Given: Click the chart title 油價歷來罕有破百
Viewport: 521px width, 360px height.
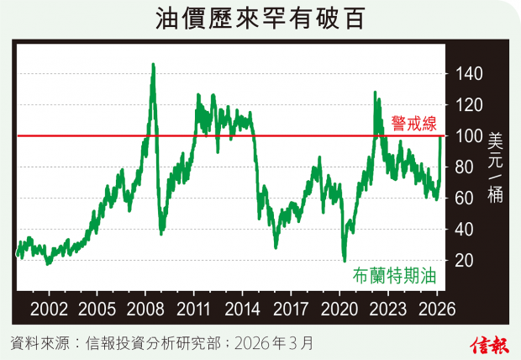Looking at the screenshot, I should click(x=260, y=18).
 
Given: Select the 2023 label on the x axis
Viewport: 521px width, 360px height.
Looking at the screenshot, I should click(x=388, y=308).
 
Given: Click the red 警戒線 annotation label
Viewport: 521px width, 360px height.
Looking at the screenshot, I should click(x=413, y=124).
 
